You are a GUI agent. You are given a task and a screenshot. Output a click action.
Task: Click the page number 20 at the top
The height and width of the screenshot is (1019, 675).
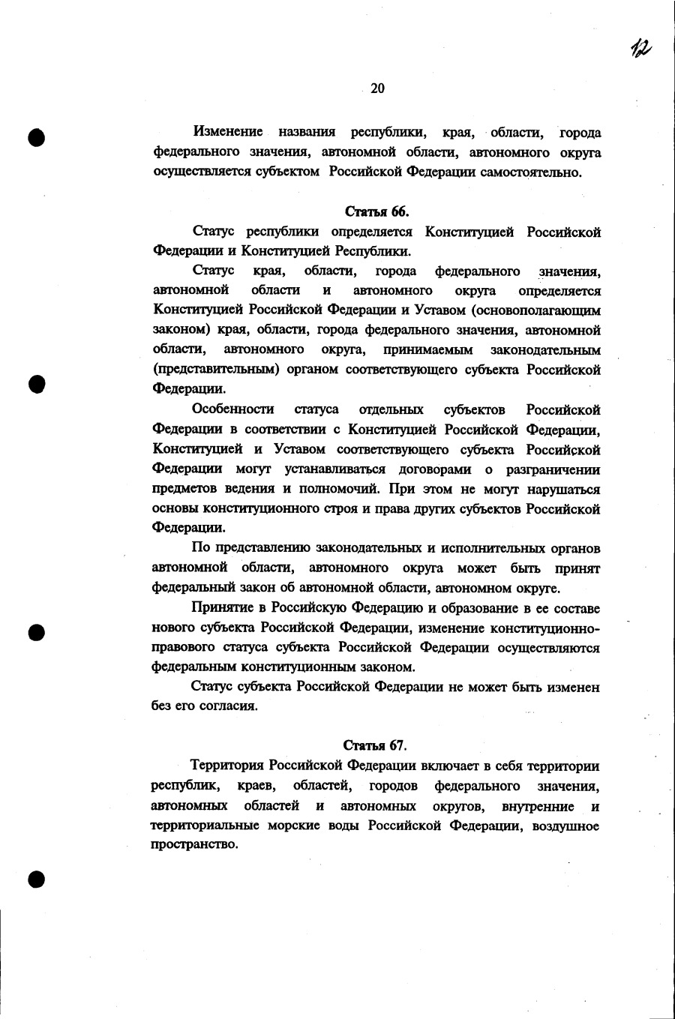click(x=377, y=88)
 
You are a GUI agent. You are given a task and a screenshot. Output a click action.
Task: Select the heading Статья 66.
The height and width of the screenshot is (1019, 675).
click(x=376, y=211)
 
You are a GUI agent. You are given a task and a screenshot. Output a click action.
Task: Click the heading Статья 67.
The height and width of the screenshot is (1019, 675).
click(x=375, y=745)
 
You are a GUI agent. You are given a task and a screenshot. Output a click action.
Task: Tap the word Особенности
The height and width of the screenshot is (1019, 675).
click(x=232, y=409)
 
